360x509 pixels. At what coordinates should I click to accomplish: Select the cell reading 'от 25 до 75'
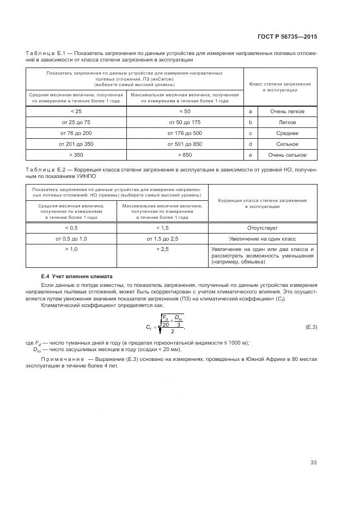[76, 122]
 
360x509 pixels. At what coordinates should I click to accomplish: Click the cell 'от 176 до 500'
[185, 133]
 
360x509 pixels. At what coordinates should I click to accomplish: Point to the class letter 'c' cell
[250, 133]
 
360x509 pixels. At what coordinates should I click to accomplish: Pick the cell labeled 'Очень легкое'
[287, 112]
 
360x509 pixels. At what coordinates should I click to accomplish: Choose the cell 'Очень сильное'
[287, 155]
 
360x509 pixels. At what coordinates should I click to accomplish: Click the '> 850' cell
[185, 155]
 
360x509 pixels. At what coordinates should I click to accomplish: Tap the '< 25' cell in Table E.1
[76, 112]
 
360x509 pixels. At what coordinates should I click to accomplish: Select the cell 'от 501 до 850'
[185, 144]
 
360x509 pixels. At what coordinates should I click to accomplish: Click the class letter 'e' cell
[250, 155]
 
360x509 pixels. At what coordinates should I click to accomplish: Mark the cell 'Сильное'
[287, 144]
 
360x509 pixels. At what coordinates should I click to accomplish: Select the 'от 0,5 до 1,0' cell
[71, 239]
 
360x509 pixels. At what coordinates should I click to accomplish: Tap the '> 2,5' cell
[162, 249]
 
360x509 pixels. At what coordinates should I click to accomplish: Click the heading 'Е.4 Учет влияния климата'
[76, 276]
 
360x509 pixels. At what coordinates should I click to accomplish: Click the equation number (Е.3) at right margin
[311, 326]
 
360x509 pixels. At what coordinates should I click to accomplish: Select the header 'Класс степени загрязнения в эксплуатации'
[279, 87]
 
